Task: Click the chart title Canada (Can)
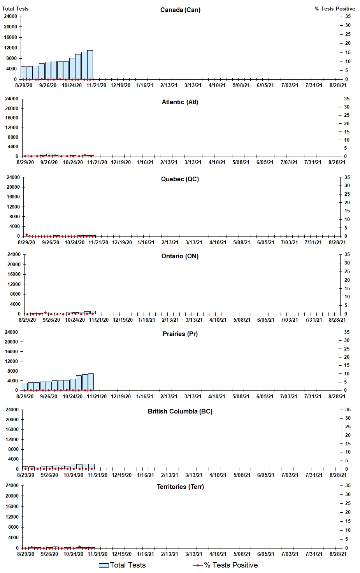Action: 180,10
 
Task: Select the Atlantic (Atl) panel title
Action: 180,102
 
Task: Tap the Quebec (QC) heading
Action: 180,179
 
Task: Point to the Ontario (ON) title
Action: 180,256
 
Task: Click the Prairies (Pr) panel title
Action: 180,334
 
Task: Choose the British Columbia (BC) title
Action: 180,411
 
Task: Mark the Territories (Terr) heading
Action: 180,487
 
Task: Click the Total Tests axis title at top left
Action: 15,9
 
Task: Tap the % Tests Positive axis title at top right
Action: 335,9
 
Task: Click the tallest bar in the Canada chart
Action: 90,65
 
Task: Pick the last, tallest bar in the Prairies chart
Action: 91,382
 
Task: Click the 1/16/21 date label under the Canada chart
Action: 145,86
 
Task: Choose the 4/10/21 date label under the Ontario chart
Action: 218,320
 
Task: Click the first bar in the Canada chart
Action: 23,73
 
